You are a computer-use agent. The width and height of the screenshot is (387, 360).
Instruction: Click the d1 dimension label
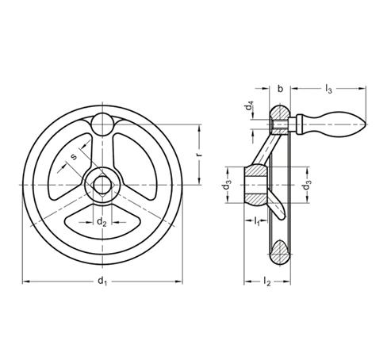click(x=102, y=281)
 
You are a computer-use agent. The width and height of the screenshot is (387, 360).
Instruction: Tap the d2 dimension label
click(x=102, y=222)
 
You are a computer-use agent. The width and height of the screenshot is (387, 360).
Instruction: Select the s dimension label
click(x=74, y=157)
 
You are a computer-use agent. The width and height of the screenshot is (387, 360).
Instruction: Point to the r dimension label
click(x=200, y=154)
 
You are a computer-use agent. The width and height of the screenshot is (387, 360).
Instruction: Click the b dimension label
click(x=280, y=89)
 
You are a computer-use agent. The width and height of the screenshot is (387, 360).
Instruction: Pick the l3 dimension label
click(x=328, y=89)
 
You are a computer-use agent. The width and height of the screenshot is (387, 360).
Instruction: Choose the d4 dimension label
click(x=249, y=105)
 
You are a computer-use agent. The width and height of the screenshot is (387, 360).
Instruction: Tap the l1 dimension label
click(x=257, y=221)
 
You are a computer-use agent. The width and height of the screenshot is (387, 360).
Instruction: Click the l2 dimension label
click(x=267, y=281)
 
